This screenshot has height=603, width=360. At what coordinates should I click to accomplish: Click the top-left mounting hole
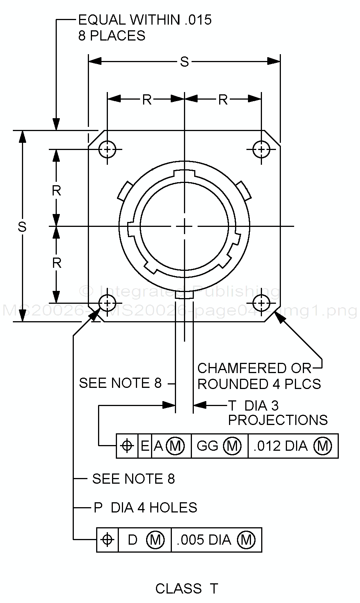point(108,149)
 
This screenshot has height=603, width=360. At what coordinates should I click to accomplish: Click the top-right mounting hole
point(261,149)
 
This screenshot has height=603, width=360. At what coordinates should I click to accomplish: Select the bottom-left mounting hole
point(108,303)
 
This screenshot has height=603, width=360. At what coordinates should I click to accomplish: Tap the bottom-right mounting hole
point(261,303)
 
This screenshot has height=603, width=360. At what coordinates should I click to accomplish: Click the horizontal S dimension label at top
point(184,62)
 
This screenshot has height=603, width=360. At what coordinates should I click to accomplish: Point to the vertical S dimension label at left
point(22,227)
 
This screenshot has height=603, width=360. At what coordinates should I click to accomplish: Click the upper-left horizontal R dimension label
point(147,100)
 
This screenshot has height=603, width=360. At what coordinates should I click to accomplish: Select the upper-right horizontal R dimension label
point(223,100)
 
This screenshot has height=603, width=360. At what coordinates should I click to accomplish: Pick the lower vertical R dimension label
point(56,263)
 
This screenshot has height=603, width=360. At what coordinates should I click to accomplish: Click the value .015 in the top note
point(198,20)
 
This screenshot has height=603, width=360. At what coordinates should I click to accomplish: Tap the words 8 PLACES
point(112,36)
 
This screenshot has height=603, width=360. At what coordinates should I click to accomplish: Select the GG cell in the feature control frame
point(207,446)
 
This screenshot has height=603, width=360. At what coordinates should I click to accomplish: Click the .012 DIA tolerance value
point(280,446)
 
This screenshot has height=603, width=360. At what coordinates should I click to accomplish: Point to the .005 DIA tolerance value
point(204,540)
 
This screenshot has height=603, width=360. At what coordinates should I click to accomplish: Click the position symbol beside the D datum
point(108,540)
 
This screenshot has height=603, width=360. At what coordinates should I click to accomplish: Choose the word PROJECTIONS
point(278,420)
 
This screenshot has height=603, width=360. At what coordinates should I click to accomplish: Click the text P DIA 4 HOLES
point(145,508)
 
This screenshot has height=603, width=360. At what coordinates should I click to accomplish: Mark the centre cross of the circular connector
point(184,227)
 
